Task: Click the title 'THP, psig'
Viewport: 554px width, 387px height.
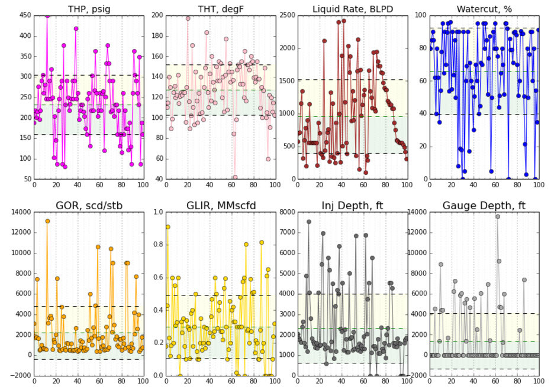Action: (x=89, y=9)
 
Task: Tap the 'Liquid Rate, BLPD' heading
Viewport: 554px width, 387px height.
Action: (x=353, y=9)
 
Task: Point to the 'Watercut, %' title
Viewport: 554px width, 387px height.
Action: (x=484, y=9)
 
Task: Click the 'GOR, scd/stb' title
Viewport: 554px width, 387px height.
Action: (x=89, y=206)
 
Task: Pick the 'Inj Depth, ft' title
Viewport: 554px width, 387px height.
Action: (x=353, y=206)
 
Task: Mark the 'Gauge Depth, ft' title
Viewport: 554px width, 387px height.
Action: (x=484, y=206)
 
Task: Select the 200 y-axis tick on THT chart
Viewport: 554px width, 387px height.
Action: (x=156, y=15)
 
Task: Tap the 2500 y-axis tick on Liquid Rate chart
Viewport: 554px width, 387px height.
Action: (x=287, y=15)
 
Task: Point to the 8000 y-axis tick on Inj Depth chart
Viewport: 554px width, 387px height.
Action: (x=287, y=212)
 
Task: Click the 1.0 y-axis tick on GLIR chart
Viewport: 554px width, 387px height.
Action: (x=157, y=212)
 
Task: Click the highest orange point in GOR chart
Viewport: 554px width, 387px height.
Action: (x=47, y=221)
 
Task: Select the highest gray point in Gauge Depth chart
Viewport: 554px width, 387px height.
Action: (x=498, y=216)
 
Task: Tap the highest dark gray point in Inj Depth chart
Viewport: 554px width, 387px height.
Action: (x=308, y=222)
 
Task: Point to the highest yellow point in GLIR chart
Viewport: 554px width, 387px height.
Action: (x=168, y=227)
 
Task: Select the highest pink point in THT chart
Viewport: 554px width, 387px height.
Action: (x=188, y=18)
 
